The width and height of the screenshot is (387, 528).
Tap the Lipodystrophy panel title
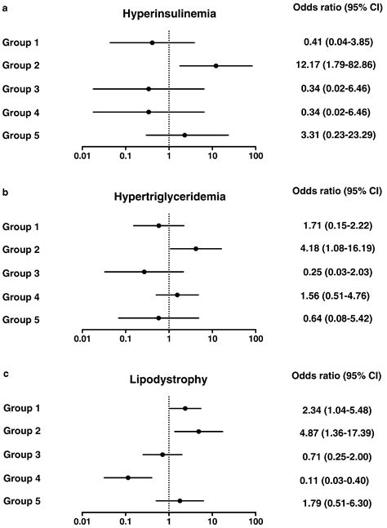pyautogui.click(x=167, y=380)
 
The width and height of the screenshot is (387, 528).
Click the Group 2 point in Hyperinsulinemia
pyautogui.click(x=216, y=65)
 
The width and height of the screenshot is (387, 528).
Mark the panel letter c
pyautogui.click(x=7, y=374)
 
